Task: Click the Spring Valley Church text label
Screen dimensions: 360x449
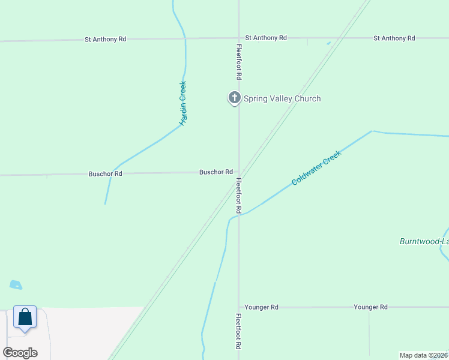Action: [282, 98]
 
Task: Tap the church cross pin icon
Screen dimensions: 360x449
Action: [234, 98]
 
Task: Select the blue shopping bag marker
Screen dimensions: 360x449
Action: [25, 317]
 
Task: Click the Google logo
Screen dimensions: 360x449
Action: [20, 352]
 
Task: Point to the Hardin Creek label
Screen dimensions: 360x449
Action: [184, 103]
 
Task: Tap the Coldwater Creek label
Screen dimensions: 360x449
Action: [316, 168]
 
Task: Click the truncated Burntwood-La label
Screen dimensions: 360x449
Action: [424, 241]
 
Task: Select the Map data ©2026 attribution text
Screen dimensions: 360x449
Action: [423, 355]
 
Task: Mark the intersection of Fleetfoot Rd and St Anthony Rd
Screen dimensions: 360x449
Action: [239, 38]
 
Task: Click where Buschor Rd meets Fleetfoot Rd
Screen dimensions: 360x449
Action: [239, 173]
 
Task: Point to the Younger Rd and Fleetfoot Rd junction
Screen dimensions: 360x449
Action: [239, 307]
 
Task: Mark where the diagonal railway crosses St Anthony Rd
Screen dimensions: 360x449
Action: [338, 38]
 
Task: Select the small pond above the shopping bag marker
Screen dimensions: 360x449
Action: [16, 285]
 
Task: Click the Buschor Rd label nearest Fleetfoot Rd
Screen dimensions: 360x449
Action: [216, 172]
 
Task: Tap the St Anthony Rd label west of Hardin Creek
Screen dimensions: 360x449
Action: [106, 39]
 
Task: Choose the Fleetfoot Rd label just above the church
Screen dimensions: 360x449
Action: [239, 62]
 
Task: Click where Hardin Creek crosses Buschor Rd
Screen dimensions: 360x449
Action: [111, 174]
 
